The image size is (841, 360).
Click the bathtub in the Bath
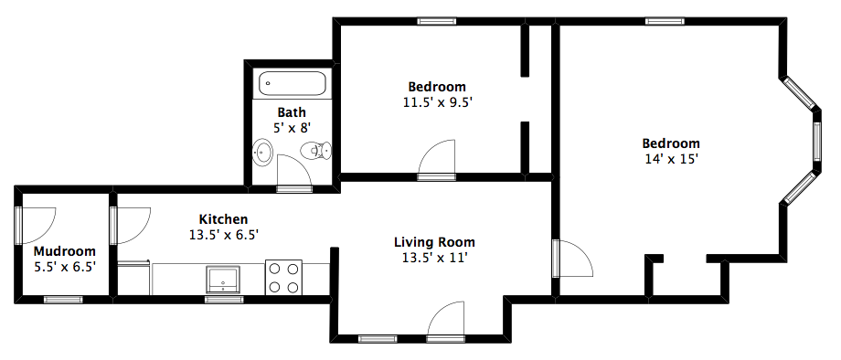293,83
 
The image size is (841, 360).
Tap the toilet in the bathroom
316,151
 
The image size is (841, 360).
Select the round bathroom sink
263,153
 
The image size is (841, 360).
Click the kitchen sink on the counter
224,279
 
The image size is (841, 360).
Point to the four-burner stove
283,277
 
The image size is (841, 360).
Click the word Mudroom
65,251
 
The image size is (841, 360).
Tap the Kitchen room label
224,219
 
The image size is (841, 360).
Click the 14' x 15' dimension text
671,159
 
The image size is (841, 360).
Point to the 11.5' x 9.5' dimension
437,101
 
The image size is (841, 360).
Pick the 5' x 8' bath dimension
292,128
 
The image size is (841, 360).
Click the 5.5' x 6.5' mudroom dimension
65,266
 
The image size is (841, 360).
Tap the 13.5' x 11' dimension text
435,258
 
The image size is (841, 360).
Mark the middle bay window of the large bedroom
817,142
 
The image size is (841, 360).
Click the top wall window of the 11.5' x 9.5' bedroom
437,21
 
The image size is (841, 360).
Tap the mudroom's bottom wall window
63,300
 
